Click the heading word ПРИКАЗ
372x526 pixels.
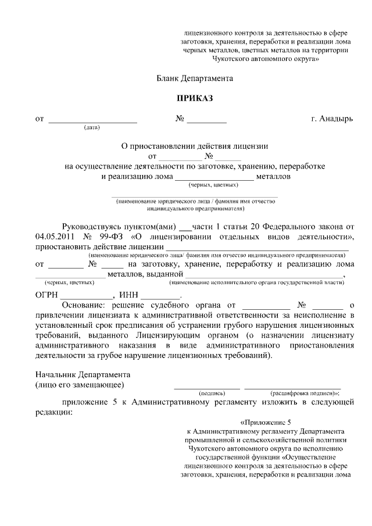(195, 98)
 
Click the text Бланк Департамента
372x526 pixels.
(195, 77)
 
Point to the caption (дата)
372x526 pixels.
(92, 127)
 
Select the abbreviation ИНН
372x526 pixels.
(128, 295)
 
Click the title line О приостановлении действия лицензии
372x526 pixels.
(194, 146)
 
